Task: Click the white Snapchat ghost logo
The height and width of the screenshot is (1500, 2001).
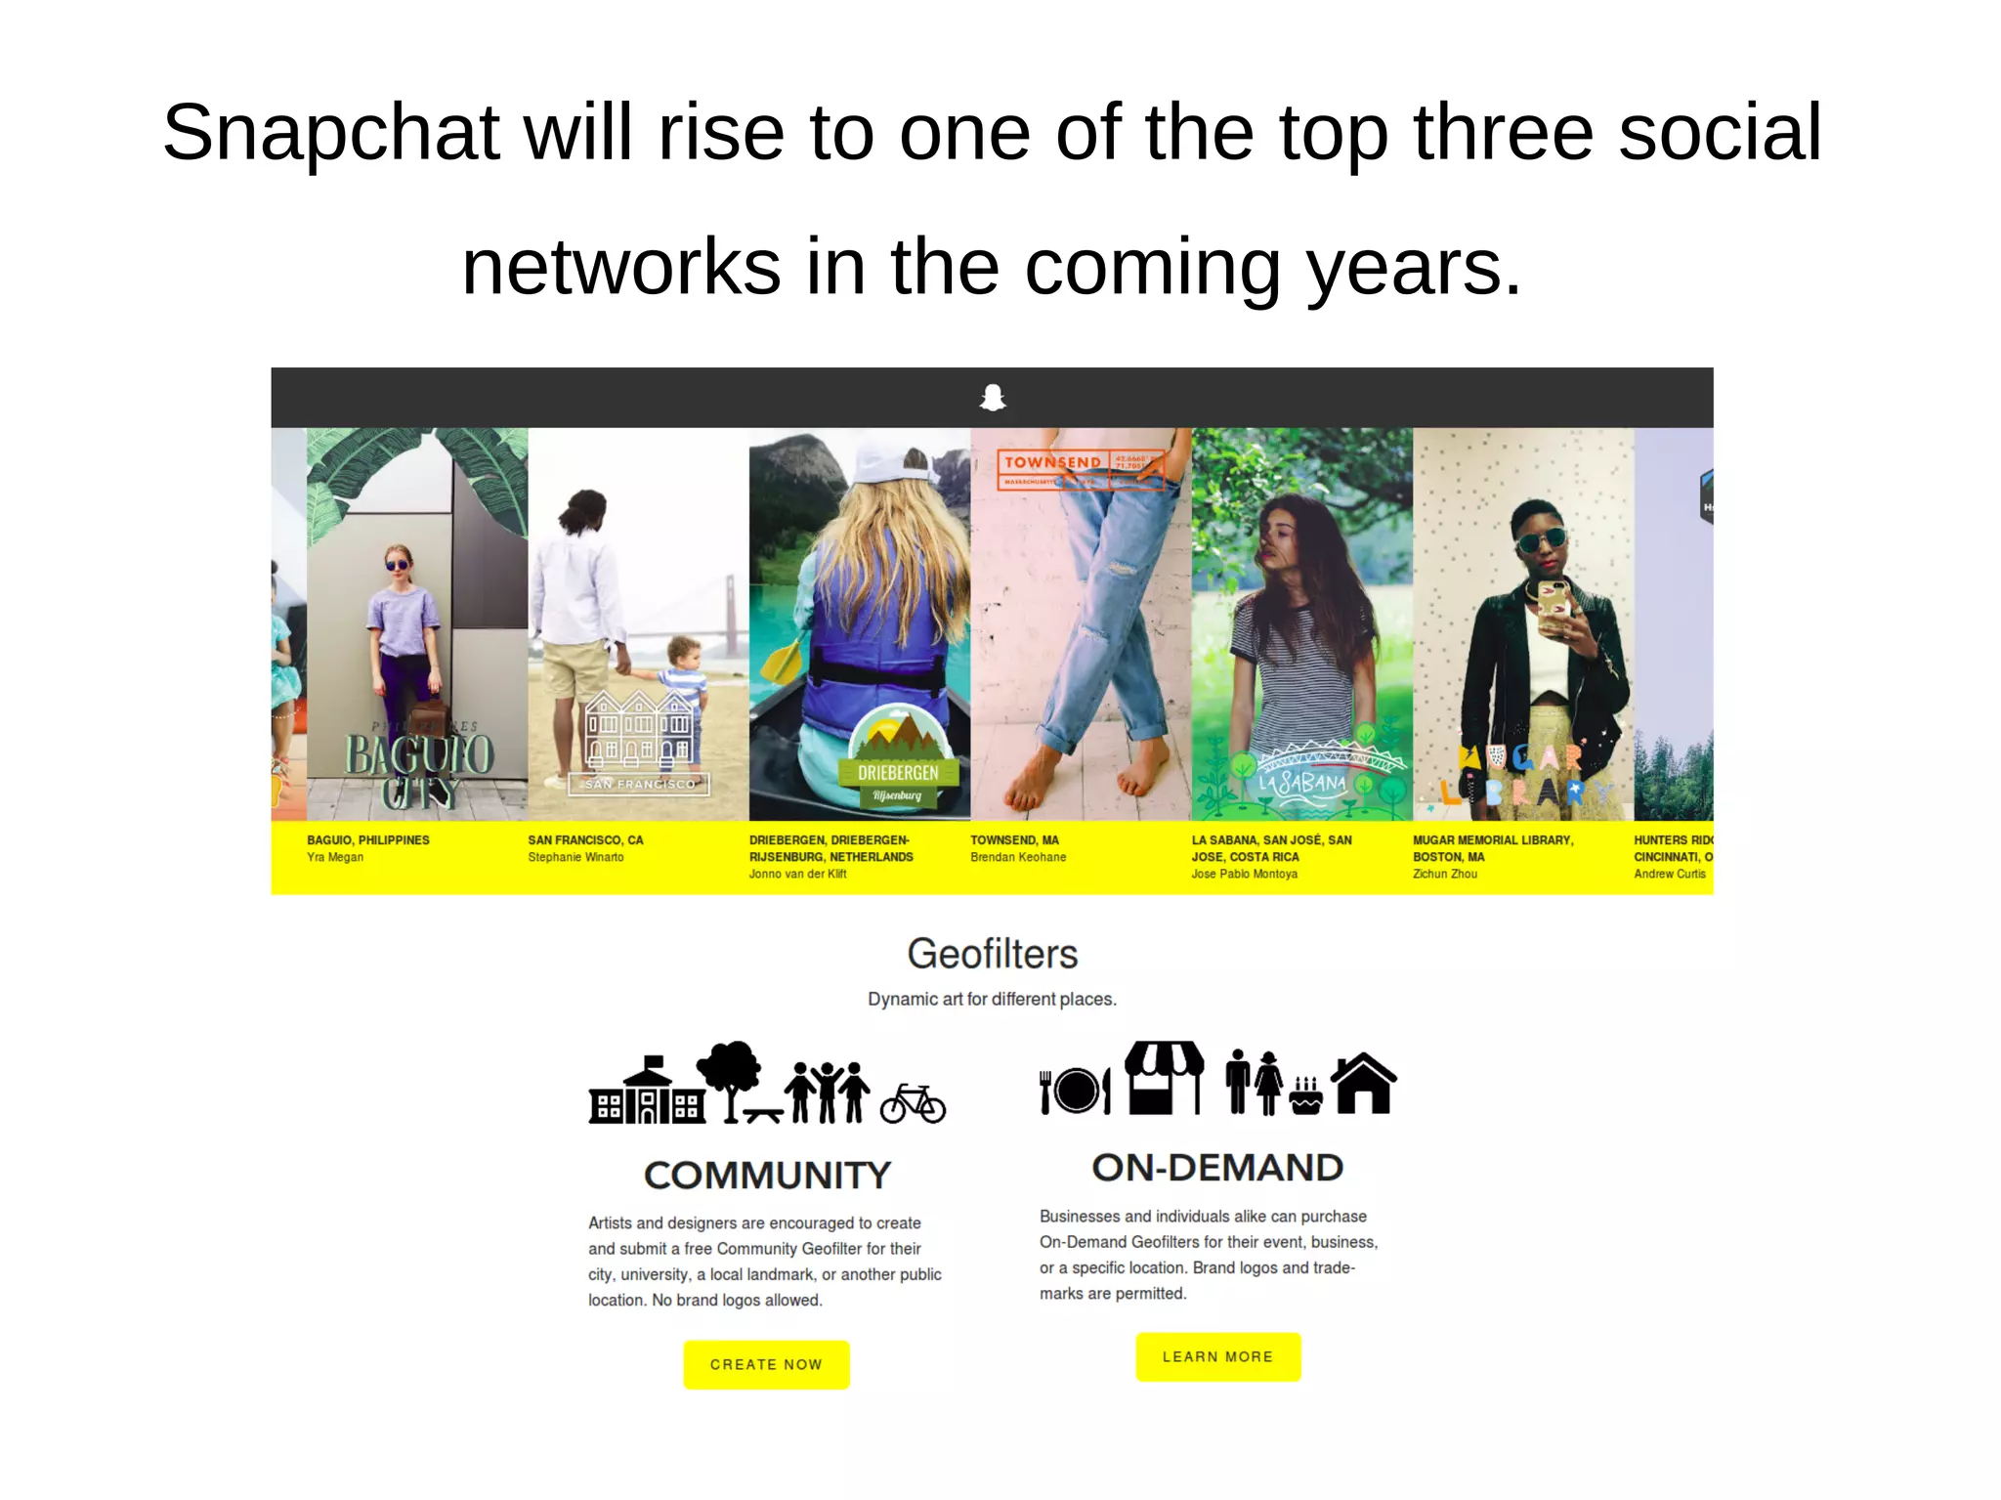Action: click(993, 398)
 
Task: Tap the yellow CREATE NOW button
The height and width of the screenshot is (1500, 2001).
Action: click(766, 1364)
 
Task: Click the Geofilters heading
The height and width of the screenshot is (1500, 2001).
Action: click(992, 954)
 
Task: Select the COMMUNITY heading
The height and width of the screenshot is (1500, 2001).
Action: click(767, 1175)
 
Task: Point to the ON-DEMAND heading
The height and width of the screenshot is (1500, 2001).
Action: click(1217, 1167)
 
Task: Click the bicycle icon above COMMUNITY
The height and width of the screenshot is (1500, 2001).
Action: click(913, 1103)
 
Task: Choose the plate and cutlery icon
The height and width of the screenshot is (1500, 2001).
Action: click(1075, 1091)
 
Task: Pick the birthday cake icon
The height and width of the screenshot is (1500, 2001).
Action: click(1305, 1095)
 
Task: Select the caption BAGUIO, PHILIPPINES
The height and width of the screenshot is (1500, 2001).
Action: click(367, 840)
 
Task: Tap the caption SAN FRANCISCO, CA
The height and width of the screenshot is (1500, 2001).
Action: click(585, 840)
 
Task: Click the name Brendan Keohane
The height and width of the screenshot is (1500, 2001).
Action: click(1017, 857)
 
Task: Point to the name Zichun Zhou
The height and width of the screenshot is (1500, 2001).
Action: click(1444, 874)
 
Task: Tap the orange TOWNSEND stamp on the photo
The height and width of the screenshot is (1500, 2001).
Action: click(1080, 469)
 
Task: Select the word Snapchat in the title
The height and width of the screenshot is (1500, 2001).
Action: click(331, 132)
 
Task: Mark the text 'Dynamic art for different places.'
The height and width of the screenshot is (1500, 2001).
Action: click(992, 999)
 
